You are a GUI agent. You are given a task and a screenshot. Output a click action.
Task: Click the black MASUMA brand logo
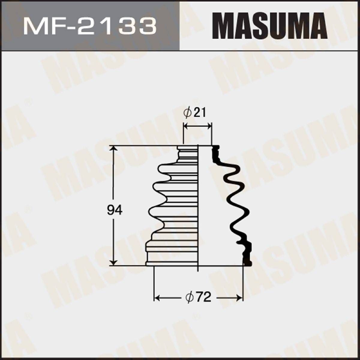270,27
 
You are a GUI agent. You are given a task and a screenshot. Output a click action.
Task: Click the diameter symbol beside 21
187,113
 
